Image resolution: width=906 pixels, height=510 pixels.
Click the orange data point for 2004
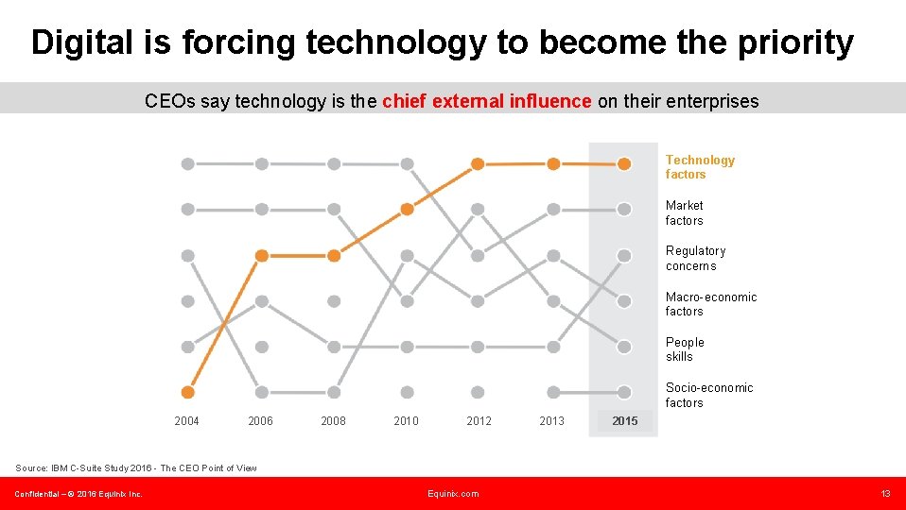(x=187, y=392)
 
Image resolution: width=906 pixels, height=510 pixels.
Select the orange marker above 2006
(x=262, y=255)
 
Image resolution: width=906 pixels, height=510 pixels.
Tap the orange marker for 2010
(x=407, y=210)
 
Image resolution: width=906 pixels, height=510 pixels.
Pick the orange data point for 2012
(x=478, y=163)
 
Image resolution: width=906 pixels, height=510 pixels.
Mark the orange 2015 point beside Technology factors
(x=624, y=163)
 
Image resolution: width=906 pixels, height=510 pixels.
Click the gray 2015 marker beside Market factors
(x=624, y=210)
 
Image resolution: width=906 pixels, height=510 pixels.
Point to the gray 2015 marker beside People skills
(x=624, y=347)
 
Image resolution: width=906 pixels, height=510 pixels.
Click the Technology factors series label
(x=700, y=167)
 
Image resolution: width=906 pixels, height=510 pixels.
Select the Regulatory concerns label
(x=695, y=258)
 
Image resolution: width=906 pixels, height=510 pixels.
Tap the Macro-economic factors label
(x=710, y=304)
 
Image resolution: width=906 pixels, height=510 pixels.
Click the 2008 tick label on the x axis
(x=333, y=421)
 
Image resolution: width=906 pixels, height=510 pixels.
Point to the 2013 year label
(x=551, y=421)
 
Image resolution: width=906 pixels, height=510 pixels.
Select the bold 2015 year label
(x=624, y=421)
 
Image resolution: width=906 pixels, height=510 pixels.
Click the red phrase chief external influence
(x=487, y=101)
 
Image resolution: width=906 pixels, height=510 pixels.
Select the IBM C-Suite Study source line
(x=135, y=468)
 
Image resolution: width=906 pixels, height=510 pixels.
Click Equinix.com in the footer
(x=453, y=494)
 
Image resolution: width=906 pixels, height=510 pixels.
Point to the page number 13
(x=885, y=494)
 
